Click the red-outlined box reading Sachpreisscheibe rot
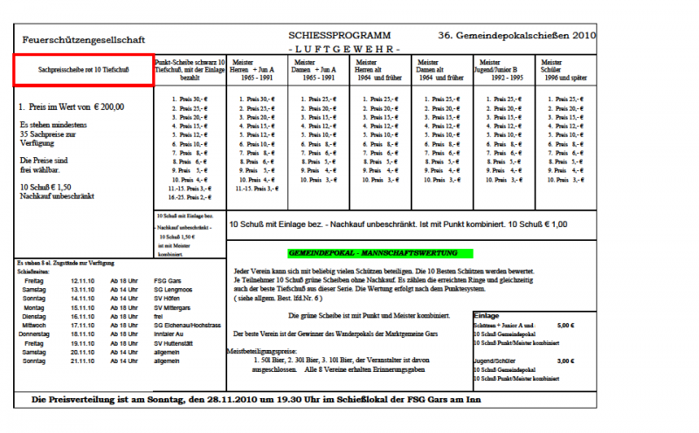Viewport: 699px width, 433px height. pyautogui.click(x=84, y=69)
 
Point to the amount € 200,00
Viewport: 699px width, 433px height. pyautogui.click(x=107, y=107)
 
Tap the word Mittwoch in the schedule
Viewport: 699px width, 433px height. pyautogui.click(x=36, y=324)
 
